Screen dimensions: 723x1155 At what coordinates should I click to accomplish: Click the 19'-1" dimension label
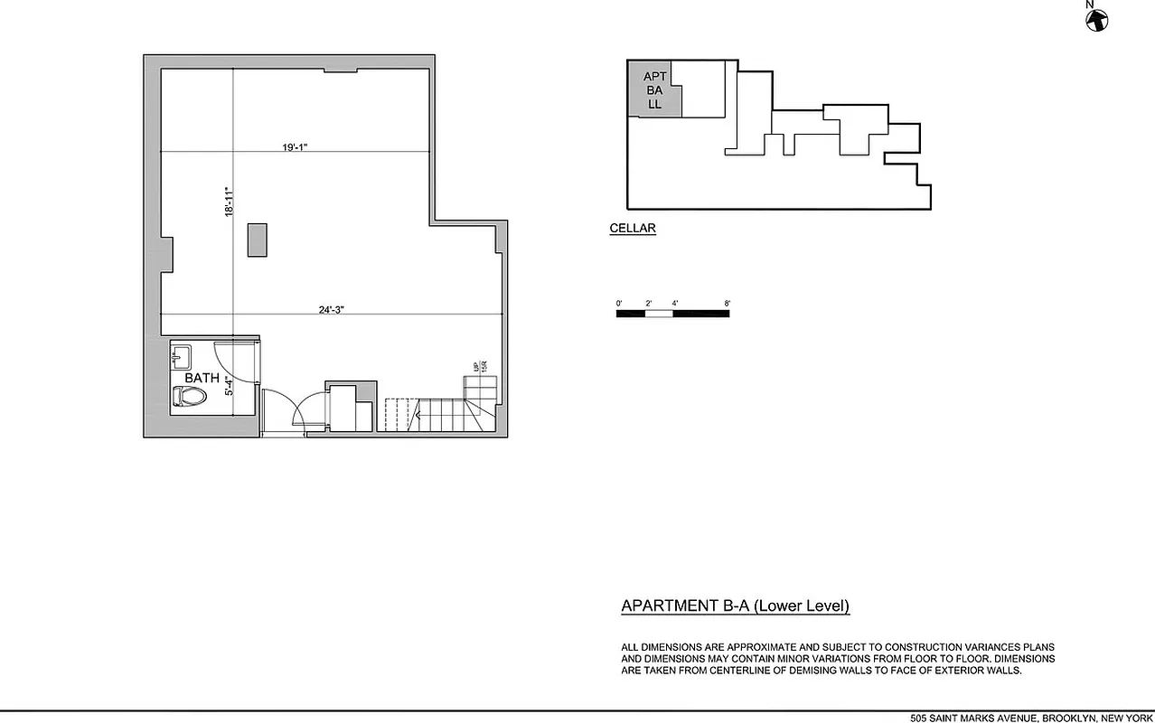295,146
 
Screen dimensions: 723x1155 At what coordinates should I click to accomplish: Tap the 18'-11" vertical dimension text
230,202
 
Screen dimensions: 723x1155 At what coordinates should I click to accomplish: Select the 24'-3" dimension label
332,309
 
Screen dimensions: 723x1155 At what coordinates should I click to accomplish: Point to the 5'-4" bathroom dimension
230,386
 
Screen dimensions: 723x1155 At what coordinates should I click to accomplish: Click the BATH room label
202,378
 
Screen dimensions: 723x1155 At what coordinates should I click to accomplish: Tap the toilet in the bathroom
190,396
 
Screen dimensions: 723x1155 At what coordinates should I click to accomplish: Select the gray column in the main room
257,240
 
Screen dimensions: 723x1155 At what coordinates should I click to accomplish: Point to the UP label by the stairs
476,367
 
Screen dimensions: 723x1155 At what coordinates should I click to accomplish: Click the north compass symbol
1097,19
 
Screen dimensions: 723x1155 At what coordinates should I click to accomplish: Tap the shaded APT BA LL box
654,90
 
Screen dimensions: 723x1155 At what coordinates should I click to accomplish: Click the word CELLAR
633,229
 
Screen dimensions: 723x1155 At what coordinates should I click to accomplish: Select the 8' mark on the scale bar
727,303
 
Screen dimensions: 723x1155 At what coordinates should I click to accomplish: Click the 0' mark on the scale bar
619,303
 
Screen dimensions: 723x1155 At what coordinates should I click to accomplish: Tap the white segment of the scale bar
659,314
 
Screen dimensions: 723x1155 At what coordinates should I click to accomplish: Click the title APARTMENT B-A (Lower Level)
735,606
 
